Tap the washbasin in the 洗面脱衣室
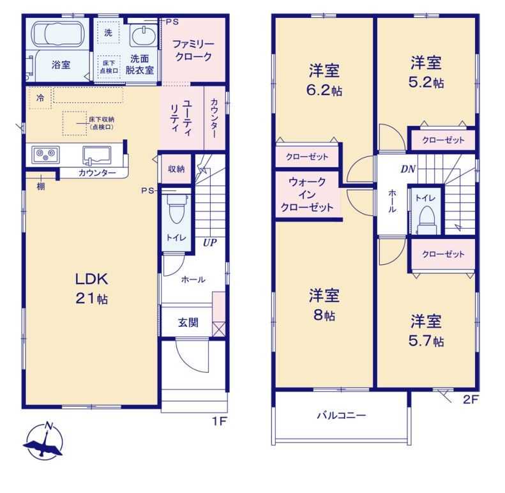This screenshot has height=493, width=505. [142, 35]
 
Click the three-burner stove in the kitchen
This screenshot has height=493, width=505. [45, 154]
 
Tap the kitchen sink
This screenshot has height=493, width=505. [97, 155]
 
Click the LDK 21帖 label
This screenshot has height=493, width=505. [92, 289]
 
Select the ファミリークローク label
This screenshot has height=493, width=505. [193, 50]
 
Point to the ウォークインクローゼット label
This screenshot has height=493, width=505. [307, 195]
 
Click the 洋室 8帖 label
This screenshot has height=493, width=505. [324, 305]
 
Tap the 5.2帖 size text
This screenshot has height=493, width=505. [426, 82]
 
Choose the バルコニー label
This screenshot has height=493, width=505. [342, 415]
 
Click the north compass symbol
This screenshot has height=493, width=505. [44, 441]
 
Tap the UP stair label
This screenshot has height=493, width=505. [210, 242]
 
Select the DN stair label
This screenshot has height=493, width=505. [408, 169]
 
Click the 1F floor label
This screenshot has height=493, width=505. [220, 421]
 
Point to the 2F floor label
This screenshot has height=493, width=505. [471, 400]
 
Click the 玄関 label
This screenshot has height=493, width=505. [188, 322]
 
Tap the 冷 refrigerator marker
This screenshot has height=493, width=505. [40, 98]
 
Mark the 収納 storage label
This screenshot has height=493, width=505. [176, 169]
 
